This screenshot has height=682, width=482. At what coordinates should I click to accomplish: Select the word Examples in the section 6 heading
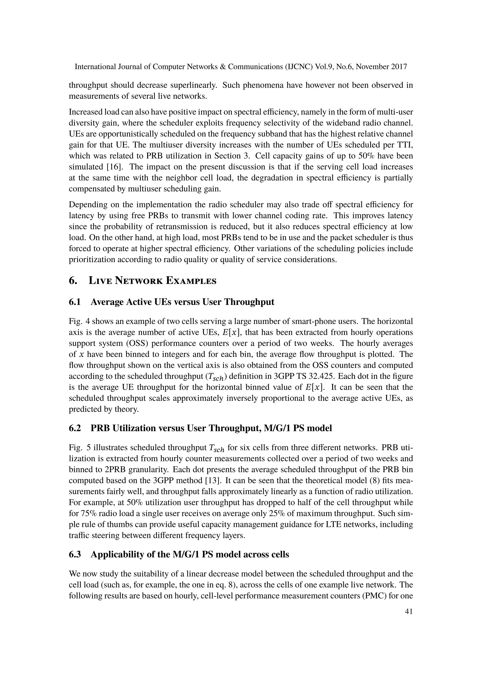tap(191, 281)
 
